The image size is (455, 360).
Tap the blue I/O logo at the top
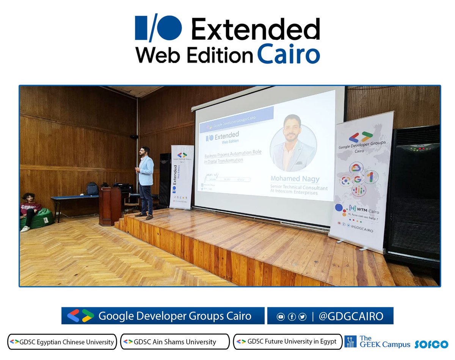click(158, 28)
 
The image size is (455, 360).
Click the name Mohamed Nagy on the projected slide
click(295, 178)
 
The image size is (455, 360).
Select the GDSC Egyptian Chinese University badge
click(62, 342)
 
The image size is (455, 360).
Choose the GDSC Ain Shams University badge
click(175, 342)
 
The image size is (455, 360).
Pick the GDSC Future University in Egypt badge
click(287, 341)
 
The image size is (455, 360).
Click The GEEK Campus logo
click(378, 341)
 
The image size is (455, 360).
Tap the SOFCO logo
click(431, 344)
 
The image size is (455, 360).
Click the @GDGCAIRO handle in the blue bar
click(351, 316)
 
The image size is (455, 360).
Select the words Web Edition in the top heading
click(194, 56)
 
